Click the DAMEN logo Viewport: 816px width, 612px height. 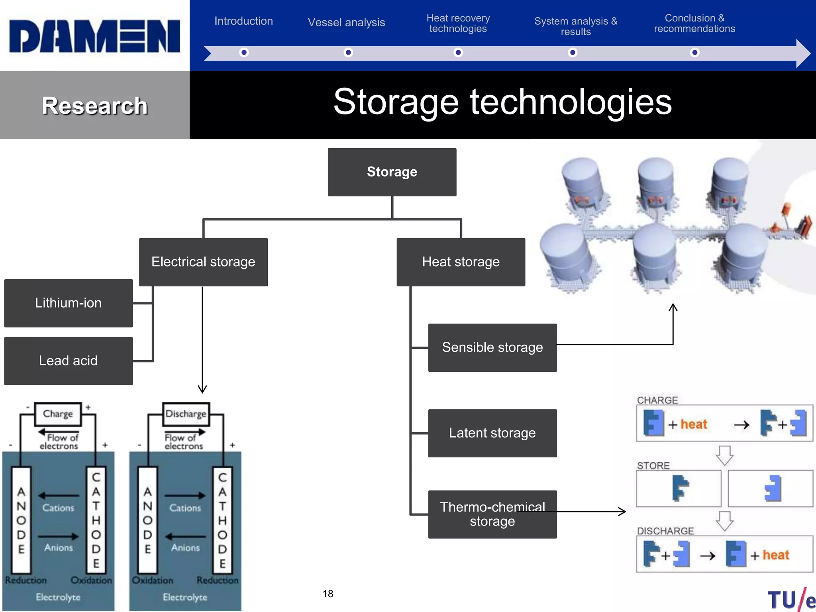(x=94, y=36)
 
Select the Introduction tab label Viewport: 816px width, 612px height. (x=243, y=21)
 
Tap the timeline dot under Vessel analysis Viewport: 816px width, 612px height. (x=348, y=53)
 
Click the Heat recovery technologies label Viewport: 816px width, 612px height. (x=458, y=24)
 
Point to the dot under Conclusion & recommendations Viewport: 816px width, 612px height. (x=694, y=53)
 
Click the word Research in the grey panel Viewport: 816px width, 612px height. (x=95, y=106)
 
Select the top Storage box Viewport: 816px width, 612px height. (x=392, y=172)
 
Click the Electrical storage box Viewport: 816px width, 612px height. (x=203, y=262)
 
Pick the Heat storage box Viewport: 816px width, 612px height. (x=461, y=262)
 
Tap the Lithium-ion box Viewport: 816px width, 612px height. (x=68, y=303)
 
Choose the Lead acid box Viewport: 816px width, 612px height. (x=68, y=361)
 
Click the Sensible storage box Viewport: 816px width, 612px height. (x=492, y=347)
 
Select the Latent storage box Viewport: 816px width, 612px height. (x=492, y=433)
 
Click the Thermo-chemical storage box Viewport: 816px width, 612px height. (x=492, y=514)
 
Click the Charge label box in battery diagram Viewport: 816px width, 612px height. (x=58, y=414)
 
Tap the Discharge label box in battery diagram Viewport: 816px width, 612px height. (x=186, y=414)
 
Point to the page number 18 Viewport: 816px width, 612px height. (x=328, y=594)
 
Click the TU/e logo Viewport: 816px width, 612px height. (x=791, y=600)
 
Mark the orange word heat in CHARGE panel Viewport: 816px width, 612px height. (x=694, y=424)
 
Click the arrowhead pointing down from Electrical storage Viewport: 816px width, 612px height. (x=202, y=389)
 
